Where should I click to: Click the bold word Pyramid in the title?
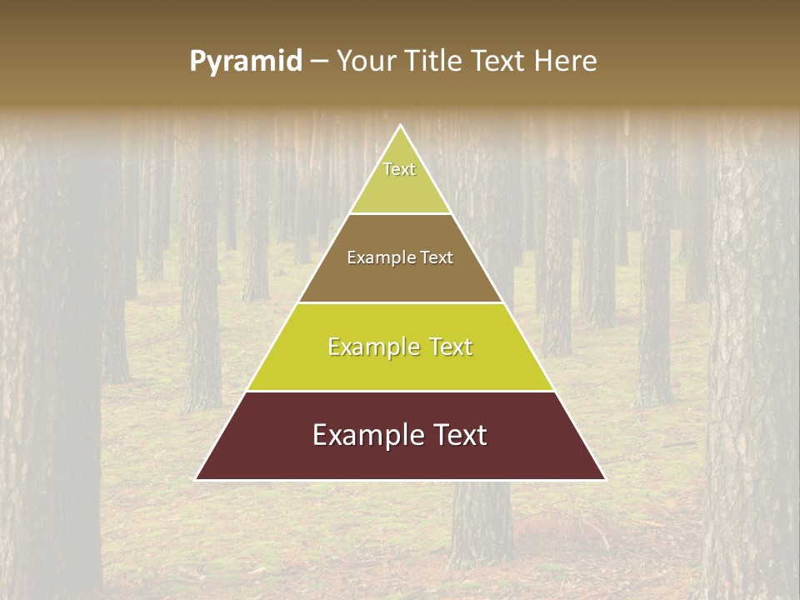(x=246, y=62)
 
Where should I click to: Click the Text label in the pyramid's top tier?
(x=399, y=169)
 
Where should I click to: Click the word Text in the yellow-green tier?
(x=450, y=347)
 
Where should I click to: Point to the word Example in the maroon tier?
(x=363, y=436)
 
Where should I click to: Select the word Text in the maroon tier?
(x=457, y=435)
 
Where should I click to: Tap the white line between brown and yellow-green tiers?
(x=400, y=302)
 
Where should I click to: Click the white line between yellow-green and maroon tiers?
(x=400, y=391)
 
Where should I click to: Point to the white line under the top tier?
(x=400, y=213)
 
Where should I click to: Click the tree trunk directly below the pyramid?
(x=482, y=525)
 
